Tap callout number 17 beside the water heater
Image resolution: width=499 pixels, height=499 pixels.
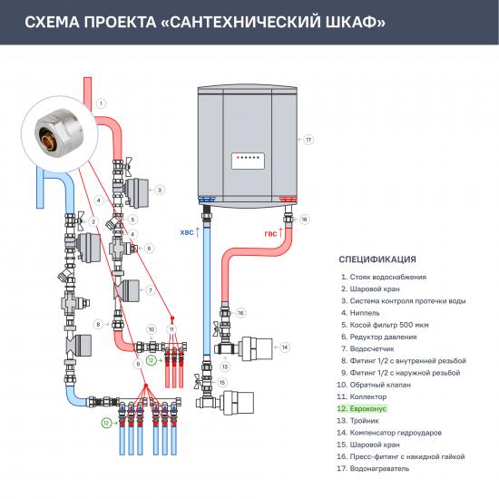pyautogui.click(x=308, y=140)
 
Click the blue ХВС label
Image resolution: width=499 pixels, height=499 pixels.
pyautogui.click(x=188, y=232)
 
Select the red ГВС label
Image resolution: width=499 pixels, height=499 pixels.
pyautogui.click(x=271, y=234)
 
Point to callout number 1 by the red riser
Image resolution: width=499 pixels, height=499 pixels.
pyautogui.click(x=102, y=103)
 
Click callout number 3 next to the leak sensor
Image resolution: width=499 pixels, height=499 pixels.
pyautogui.click(x=159, y=191)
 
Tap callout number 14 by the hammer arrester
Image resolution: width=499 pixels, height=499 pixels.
pyautogui.click(x=284, y=347)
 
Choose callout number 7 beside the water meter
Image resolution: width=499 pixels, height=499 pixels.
pyautogui.click(x=151, y=289)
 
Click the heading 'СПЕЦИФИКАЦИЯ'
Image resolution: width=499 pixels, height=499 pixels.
pyautogui.click(x=377, y=259)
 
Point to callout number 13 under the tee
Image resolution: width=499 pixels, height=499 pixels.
pyautogui.click(x=225, y=367)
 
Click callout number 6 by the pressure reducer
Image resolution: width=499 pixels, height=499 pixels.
pyautogui.click(x=150, y=248)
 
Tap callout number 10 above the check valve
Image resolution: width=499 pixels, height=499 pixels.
pyautogui.click(x=151, y=328)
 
